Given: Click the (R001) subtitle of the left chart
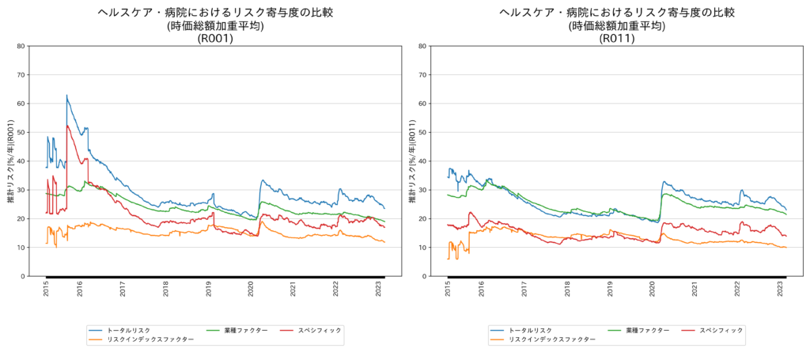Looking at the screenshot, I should point(215,38).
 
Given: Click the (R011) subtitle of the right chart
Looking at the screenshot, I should point(617,38).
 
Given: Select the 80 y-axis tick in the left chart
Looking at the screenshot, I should point(21,46).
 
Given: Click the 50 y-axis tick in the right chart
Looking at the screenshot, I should point(422,132).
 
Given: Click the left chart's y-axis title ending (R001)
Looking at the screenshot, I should point(11,161).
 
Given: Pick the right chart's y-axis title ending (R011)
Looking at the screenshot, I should point(413,161).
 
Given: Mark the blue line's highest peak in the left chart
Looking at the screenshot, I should point(66,95).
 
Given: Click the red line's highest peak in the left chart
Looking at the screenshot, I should point(67,126).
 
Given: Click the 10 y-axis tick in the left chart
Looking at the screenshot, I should point(21,248).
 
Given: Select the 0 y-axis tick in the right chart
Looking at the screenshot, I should point(425,276).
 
